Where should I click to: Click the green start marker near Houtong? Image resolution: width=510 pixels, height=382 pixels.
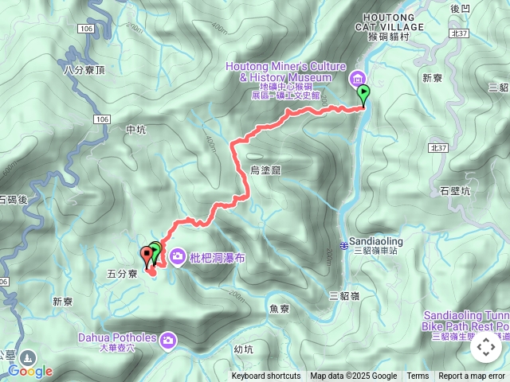[x=363, y=95]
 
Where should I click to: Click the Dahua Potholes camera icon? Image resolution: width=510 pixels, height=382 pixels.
[x=168, y=341]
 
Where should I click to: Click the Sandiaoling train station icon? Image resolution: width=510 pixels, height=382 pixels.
[x=343, y=244]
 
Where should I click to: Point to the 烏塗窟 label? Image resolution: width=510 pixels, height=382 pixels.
[x=266, y=170]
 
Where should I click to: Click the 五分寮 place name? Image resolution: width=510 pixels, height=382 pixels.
[x=123, y=274]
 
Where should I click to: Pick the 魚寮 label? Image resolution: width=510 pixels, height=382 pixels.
[x=279, y=309]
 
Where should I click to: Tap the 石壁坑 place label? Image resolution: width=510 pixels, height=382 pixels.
[x=455, y=190]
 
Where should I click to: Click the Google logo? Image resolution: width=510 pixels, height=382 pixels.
[x=30, y=371]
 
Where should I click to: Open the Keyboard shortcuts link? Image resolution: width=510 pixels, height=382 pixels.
[x=266, y=376]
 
